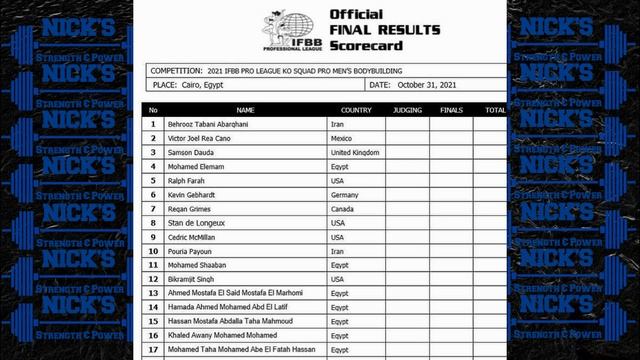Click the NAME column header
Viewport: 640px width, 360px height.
point(246,110)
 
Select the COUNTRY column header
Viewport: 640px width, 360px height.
point(356,110)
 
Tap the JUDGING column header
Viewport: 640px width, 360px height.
point(407,110)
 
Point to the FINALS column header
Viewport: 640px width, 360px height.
point(451,110)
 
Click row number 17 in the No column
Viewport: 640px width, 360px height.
point(153,349)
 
